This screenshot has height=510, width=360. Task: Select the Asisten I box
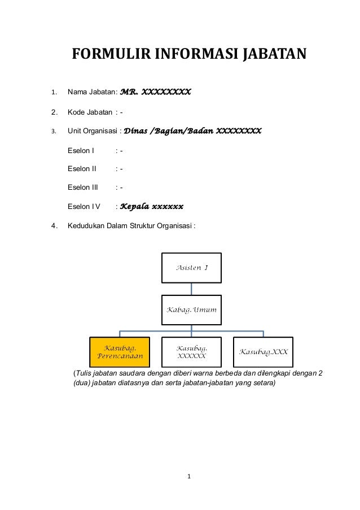click(x=191, y=267)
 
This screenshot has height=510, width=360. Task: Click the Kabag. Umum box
click(x=191, y=310)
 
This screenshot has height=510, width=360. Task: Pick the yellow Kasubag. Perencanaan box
click(x=120, y=351)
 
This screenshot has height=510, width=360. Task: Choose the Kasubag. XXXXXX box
click(x=191, y=351)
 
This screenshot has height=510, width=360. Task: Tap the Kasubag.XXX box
click(x=264, y=351)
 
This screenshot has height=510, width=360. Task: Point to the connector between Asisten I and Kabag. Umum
click(x=191, y=289)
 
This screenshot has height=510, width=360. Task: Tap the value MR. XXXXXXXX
click(x=156, y=91)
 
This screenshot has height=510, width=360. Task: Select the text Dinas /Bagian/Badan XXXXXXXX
click(x=192, y=131)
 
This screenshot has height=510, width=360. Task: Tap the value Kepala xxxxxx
click(x=152, y=206)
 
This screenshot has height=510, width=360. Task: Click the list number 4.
click(x=53, y=227)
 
